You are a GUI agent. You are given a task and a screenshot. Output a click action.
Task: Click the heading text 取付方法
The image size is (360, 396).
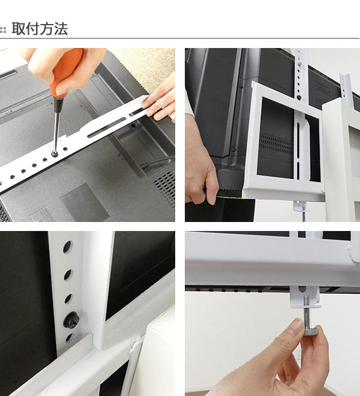(40, 29)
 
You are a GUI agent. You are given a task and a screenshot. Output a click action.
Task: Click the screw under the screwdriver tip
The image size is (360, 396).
(55, 153)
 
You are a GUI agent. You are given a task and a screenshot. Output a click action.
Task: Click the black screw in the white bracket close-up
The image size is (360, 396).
(71, 320)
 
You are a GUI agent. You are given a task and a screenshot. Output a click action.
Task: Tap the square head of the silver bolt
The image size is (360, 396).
(311, 330)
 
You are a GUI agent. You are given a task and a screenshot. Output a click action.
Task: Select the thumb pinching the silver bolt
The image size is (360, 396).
(295, 328)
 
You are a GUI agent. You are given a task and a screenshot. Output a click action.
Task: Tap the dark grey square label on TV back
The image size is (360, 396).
(85, 202)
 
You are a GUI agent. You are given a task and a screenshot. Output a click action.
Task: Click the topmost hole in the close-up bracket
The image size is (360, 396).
(67, 247)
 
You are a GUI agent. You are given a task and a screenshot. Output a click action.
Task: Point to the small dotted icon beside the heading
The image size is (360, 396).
(3, 30)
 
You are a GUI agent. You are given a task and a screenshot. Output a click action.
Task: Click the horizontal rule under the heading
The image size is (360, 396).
(179, 38)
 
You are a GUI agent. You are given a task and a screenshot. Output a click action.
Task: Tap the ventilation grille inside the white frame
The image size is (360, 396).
(276, 144)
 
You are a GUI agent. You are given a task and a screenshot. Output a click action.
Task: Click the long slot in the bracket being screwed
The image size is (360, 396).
(107, 128)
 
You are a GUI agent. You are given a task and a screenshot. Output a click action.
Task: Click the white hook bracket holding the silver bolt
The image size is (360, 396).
(305, 297)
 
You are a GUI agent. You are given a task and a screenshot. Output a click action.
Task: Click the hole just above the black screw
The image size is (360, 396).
(68, 299)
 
